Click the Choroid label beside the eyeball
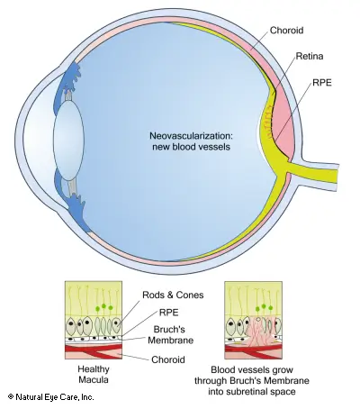tap(286, 31)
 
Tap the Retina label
tap(310, 56)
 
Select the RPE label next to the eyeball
tap(322, 83)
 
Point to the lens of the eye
tap(68, 141)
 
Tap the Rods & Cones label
tap(173, 295)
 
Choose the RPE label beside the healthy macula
tap(168, 313)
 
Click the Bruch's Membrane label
tap(170, 335)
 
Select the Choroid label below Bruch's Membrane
tap(168, 359)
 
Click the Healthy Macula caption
tap(94, 374)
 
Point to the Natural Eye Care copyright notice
tap(51, 397)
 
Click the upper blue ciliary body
tap(70, 77)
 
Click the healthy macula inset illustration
tap(94, 320)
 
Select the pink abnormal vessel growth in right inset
tap(259, 332)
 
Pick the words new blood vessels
tap(191, 147)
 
